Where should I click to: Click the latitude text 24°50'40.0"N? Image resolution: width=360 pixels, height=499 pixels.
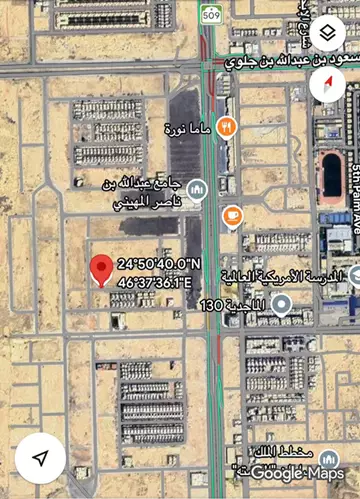tap(160, 264)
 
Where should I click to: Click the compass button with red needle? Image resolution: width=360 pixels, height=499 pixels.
tap(327, 84)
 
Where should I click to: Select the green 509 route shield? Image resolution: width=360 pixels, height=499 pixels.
tap(210, 15)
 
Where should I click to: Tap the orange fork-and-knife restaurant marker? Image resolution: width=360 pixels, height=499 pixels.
tap(227, 127)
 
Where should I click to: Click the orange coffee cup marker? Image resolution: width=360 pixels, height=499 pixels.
tap(232, 215)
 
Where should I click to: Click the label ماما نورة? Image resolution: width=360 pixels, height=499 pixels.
tap(188, 128)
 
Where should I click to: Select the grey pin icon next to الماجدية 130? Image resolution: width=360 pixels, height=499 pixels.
tap(282, 304)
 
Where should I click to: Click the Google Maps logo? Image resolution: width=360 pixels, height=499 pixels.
tap(297, 472)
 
